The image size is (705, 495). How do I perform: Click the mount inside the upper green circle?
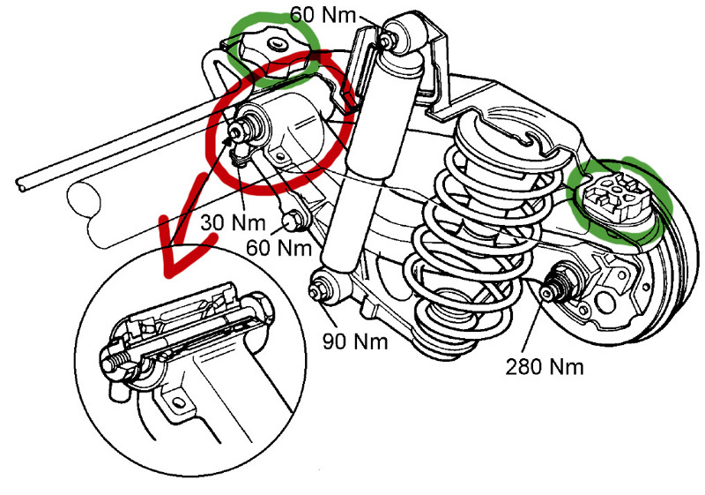(x=273, y=49)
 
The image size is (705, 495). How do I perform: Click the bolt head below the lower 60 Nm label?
(x=292, y=221)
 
